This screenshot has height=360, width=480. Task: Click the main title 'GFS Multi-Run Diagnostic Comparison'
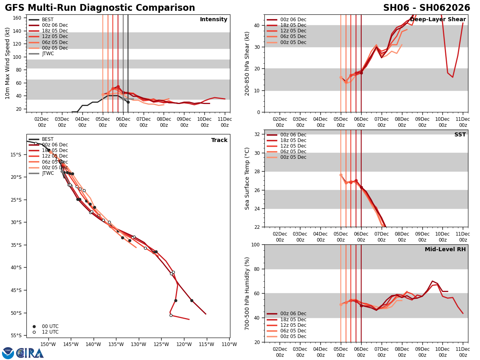[100, 8]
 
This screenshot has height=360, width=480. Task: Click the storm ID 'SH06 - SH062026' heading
[426, 8]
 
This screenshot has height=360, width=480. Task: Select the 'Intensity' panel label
[214, 20]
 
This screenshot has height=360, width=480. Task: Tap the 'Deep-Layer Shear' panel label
[438, 20]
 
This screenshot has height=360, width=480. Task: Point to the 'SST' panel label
[460, 135]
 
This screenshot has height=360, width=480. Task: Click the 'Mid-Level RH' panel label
[445, 250]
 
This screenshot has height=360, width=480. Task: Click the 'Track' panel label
[219, 140]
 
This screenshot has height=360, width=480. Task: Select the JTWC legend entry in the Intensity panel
[48, 54]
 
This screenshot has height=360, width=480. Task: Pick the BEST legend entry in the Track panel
[48, 139]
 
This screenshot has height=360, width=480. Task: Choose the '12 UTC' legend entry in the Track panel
[50, 332]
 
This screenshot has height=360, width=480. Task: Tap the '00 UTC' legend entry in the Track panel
[50, 326]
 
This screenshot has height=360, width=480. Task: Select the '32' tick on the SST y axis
[257, 134]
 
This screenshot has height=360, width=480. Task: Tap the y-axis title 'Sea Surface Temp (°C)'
[247, 178]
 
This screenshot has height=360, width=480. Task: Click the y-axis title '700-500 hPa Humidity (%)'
[247, 293]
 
